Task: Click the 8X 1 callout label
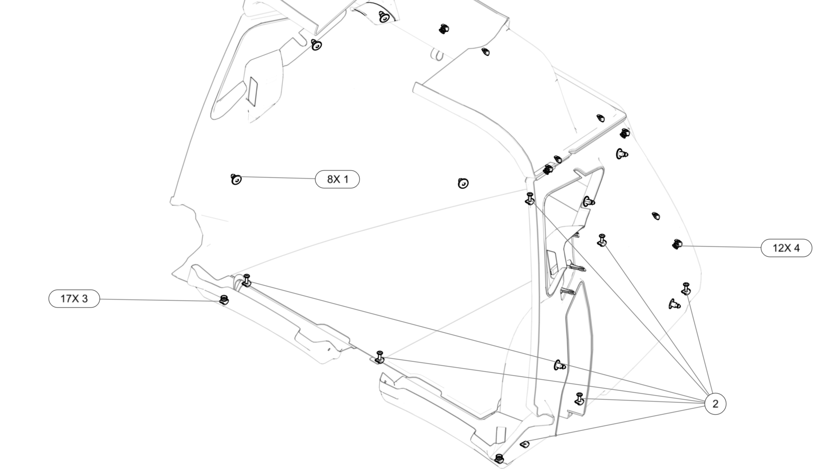click(x=337, y=179)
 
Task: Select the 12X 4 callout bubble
click(x=786, y=248)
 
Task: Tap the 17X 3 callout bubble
click(x=74, y=299)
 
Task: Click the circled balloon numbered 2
click(x=715, y=404)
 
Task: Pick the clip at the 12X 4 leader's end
click(x=677, y=244)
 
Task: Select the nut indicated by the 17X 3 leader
click(x=223, y=299)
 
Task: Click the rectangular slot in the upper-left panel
click(x=252, y=91)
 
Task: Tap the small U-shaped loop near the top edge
click(x=436, y=54)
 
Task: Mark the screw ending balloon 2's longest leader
click(x=246, y=281)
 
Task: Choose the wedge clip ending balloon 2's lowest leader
click(x=525, y=444)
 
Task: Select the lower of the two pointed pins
click(x=568, y=292)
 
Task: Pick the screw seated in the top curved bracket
click(x=384, y=17)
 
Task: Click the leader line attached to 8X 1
click(x=278, y=178)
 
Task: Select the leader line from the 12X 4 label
click(x=722, y=246)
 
